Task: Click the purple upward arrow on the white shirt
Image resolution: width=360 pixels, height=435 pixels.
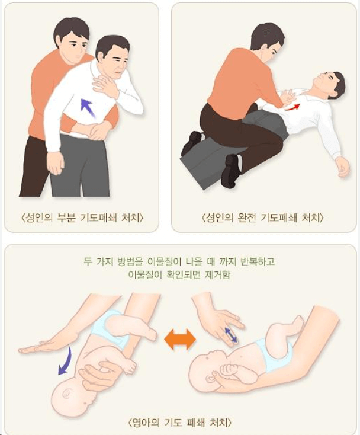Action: pos(87,107)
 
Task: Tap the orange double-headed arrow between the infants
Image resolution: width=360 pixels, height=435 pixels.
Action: pos(179,339)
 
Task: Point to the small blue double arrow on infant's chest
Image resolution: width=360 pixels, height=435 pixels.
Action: pos(231,336)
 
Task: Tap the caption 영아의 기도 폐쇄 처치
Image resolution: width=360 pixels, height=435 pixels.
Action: pos(179,423)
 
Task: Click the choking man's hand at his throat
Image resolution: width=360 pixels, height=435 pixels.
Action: pos(105,86)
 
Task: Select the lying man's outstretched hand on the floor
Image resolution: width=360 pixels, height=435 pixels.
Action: pos(342,167)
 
